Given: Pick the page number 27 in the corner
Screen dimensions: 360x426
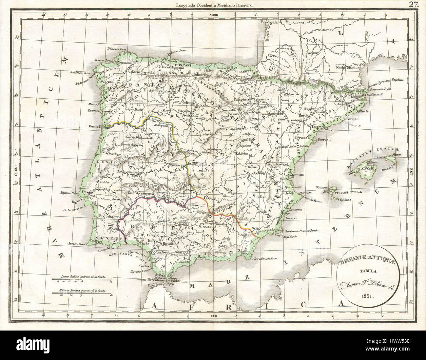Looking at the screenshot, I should click(x=413, y=4).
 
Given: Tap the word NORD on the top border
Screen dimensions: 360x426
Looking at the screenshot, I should click(x=213, y=15).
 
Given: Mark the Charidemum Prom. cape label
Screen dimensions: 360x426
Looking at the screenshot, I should click(x=266, y=258).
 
